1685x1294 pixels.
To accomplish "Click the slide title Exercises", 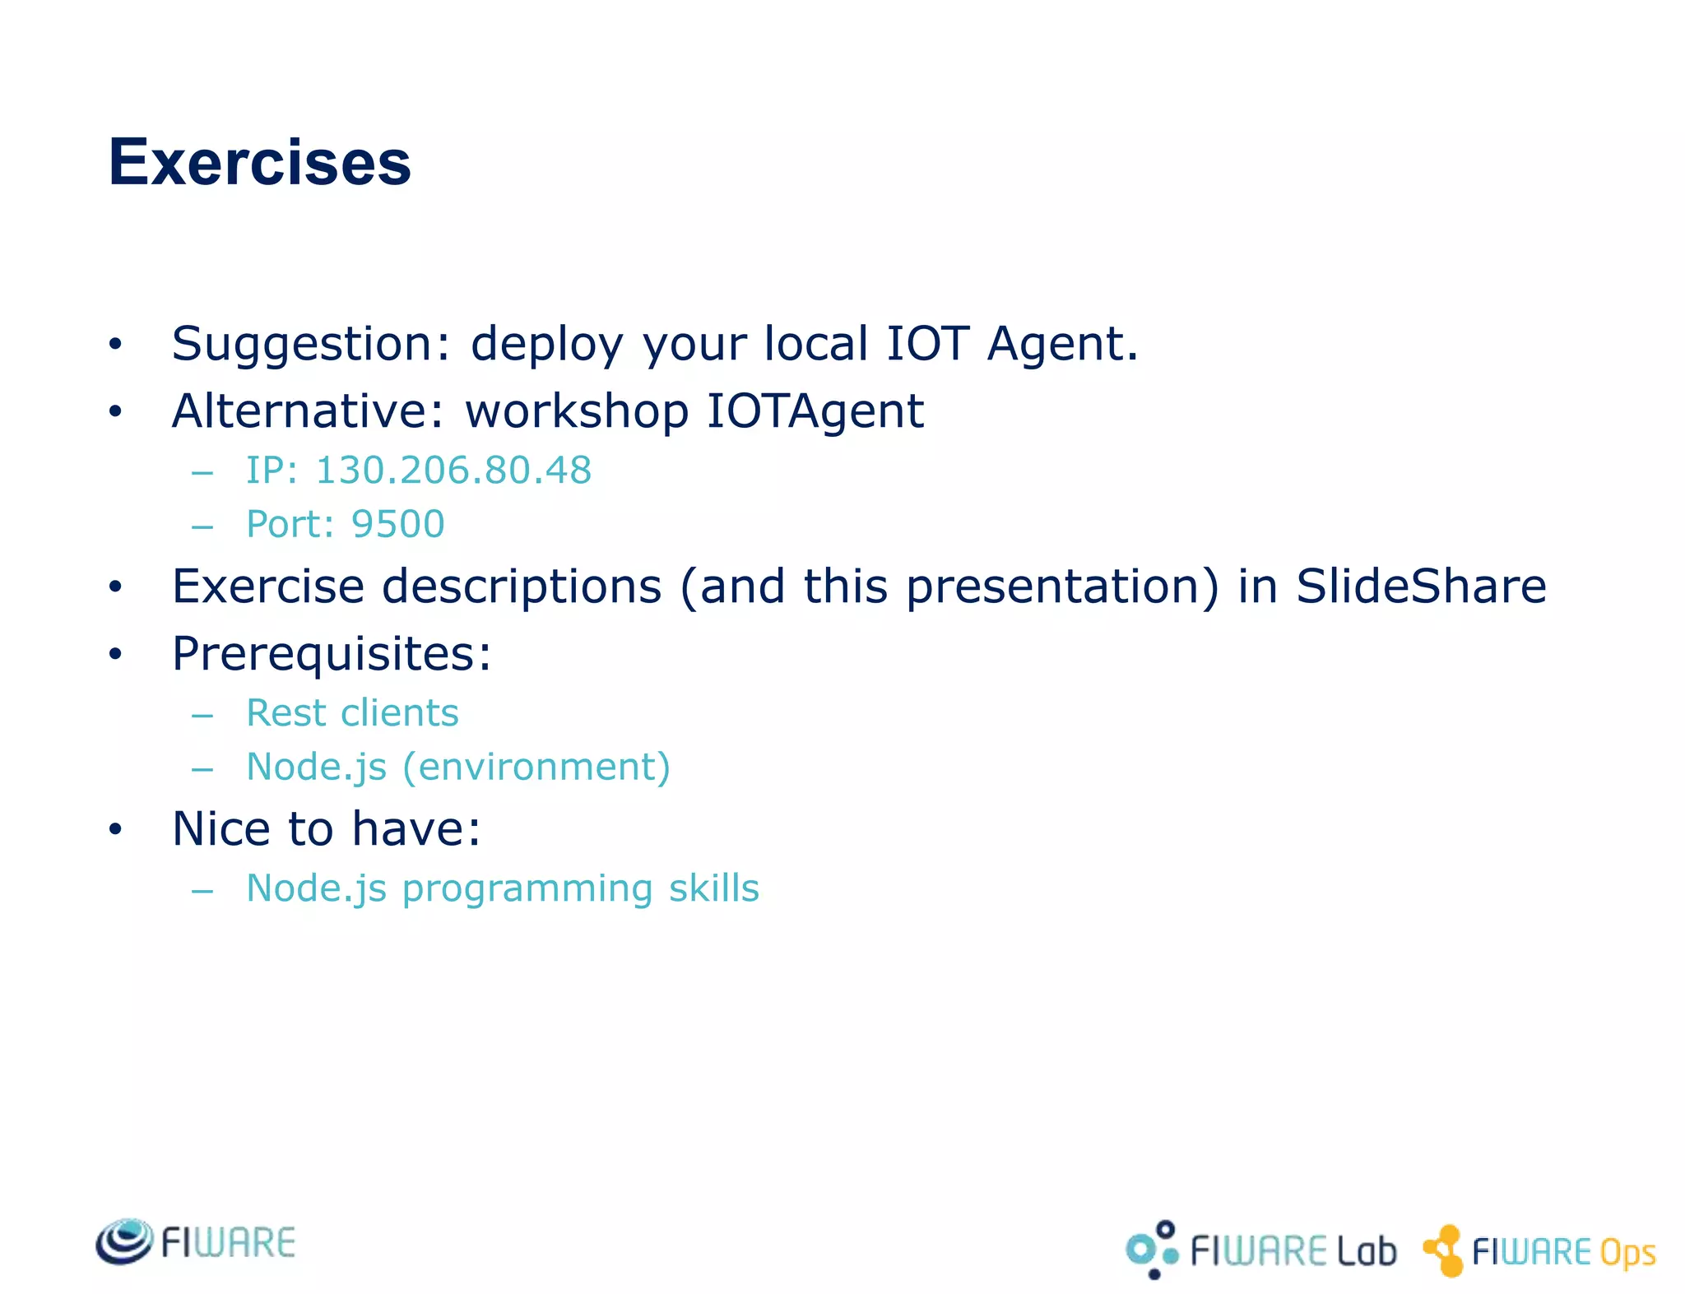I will tap(259, 163).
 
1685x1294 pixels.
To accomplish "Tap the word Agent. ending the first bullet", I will tap(1061, 344).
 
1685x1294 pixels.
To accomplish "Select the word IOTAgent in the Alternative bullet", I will tap(815, 411).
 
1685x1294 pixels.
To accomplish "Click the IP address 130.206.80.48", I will tap(453, 471).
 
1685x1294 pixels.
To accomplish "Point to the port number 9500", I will tap(398, 524).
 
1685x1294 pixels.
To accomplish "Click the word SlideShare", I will tap(1421, 587).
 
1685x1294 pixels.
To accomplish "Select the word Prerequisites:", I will tap(332, 655).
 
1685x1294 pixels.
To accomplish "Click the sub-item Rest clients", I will tap(352, 712).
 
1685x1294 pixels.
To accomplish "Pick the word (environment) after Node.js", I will tap(536, 767).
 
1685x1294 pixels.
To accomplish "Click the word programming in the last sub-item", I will tap(527, 889).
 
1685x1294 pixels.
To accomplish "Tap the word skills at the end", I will tap(713, 888).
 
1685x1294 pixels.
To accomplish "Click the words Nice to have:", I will tap(326, 828).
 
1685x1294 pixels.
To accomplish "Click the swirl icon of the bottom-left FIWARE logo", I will tap(124, 1241).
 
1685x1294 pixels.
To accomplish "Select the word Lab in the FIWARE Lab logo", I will tap(1367, 1251).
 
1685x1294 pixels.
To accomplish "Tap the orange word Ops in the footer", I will tap(1627, 1253).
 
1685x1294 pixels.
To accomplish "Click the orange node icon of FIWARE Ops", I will tap(1444, 1250).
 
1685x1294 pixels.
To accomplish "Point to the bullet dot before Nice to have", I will tap(115, 830).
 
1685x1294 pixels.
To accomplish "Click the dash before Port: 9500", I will tap(202, 526).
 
